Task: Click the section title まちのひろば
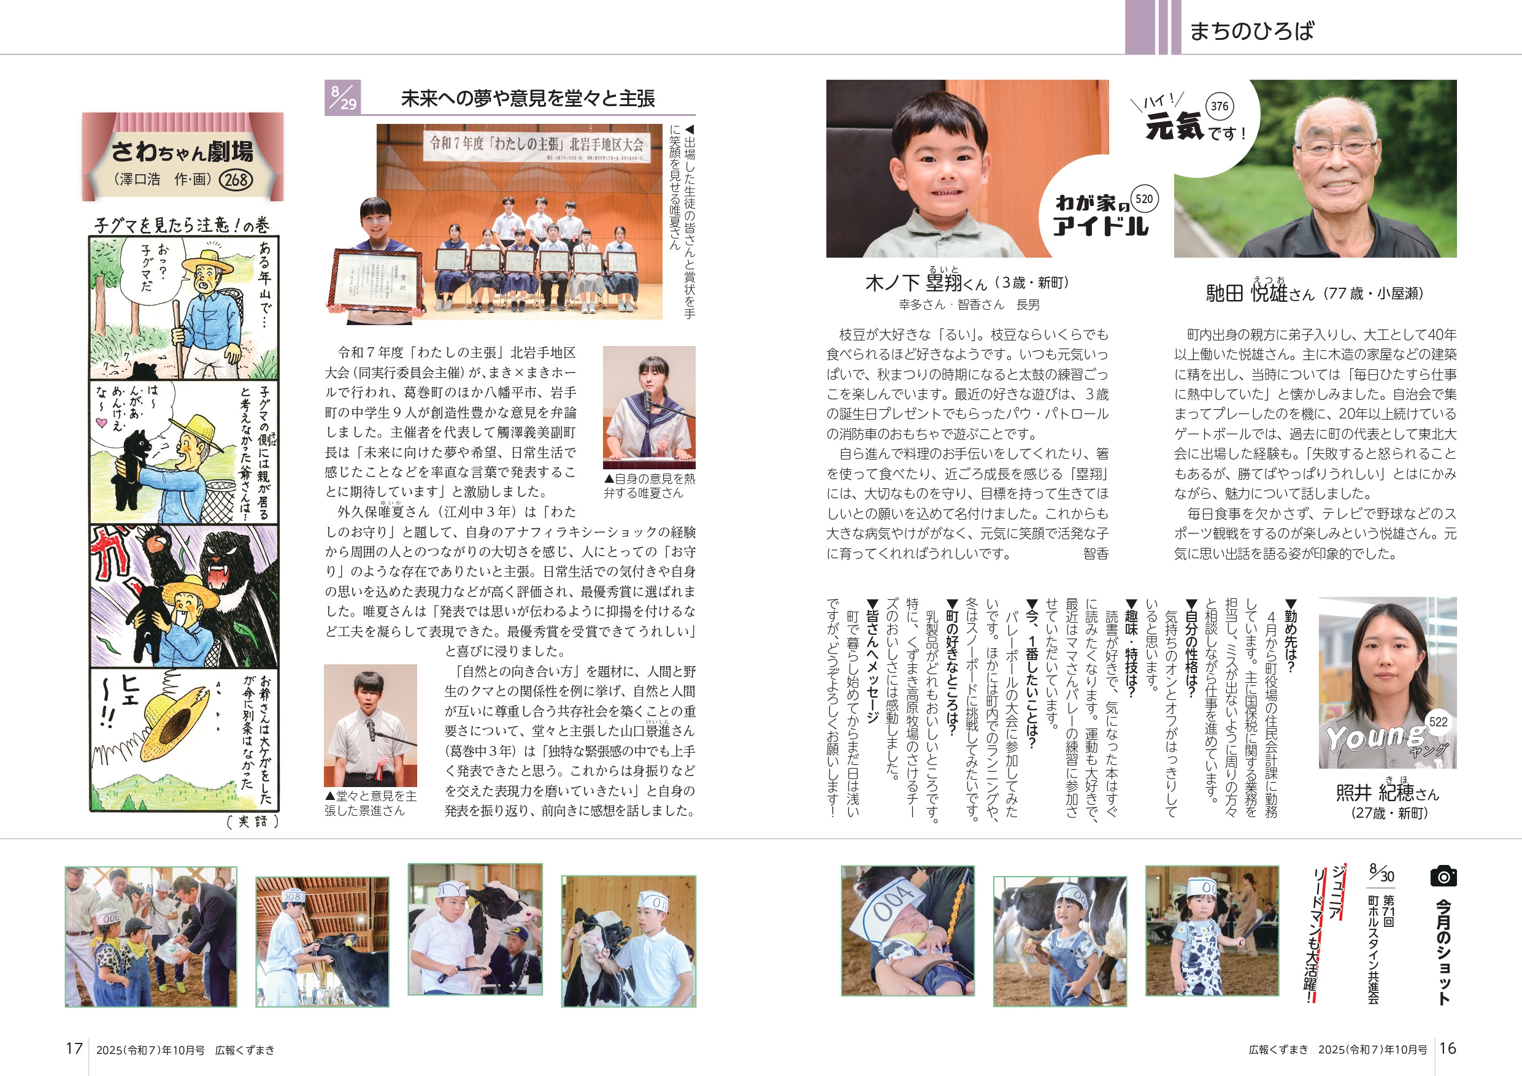click(x=1251, y=31)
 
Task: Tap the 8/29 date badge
click(x=343, y=98)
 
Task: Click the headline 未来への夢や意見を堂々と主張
click(x=528, y=98)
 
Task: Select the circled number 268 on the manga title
click(x=236, y=179)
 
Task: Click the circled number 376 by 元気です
click(x=1219, y=106)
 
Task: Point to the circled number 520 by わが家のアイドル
click(x=1144, y=198)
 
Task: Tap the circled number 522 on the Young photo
click(x=1438, y=722)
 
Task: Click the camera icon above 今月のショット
click(x=1443, y=876)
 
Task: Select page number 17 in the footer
click(x=74, y=1048)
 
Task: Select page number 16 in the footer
click(x=1448, y=1048)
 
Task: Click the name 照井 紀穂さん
click(x=1388, y=792)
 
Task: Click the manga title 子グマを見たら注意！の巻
click(x=182, y=225)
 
